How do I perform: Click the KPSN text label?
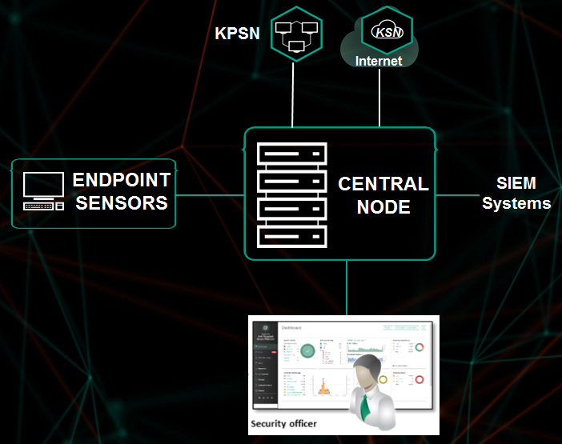pyautogui.click(x=237, y=34)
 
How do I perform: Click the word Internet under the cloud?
pyautogui.click(x=379, y=61)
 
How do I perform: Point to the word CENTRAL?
pyautogui.click(x=383, y=184)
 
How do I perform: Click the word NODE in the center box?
pyautogui.click(x=383, y=208)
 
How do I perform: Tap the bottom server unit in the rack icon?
pyautogui.click(x=292, y=236)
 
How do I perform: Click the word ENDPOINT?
pyautogui.click(x=122, y=180)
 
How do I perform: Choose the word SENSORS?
pyautogui.click(x=122, y=202)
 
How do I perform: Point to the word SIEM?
pyautogui.click(x=516, y=183)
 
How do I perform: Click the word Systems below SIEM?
pyautogui.click(x=516, y=203)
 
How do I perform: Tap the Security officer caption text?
pyautogui.click(x=284, y=423)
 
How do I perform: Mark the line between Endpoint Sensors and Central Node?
pyautogui.click(x=210, y=194)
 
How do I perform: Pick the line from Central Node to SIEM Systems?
pyautogui.click(x=456, y=194)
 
